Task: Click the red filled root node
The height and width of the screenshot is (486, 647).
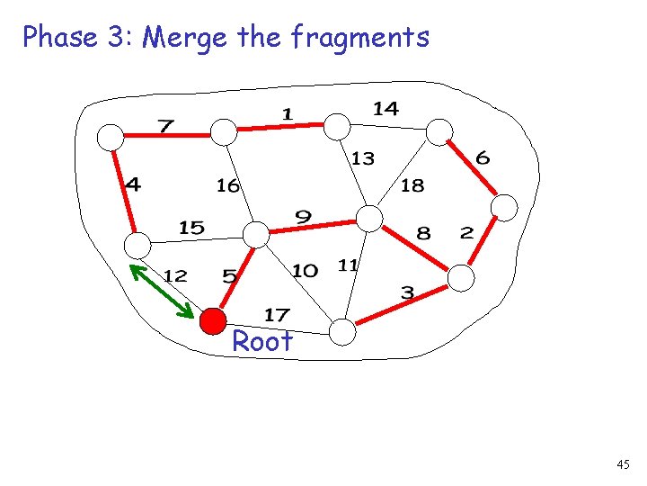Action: pos(213,320)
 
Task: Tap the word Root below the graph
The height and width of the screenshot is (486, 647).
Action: pos(262,342)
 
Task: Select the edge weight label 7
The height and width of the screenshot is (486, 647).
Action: pos(166,124)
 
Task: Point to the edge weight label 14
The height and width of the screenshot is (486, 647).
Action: pos(386,108)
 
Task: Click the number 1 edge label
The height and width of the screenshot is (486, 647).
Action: pos(287,113)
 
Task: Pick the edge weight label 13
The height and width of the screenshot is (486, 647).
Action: pos(362,158)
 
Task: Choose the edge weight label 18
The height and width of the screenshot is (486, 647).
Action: pos(412,185)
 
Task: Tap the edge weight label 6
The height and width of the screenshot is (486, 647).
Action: pos(483,157)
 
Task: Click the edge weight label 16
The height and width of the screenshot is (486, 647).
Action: pos(227,185)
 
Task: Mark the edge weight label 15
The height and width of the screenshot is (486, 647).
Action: pos(191,228)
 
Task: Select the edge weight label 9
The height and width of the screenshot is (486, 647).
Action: pos(304,216)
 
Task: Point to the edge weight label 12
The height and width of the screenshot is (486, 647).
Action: pos(175,275)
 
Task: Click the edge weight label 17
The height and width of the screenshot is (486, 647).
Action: pos(277,314)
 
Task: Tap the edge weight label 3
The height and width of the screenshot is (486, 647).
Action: pos(407,292)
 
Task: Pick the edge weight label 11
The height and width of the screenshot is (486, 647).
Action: pos(348,265)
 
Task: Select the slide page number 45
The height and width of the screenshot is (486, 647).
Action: pos(624,464)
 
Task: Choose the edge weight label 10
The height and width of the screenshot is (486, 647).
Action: pos(305,270)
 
